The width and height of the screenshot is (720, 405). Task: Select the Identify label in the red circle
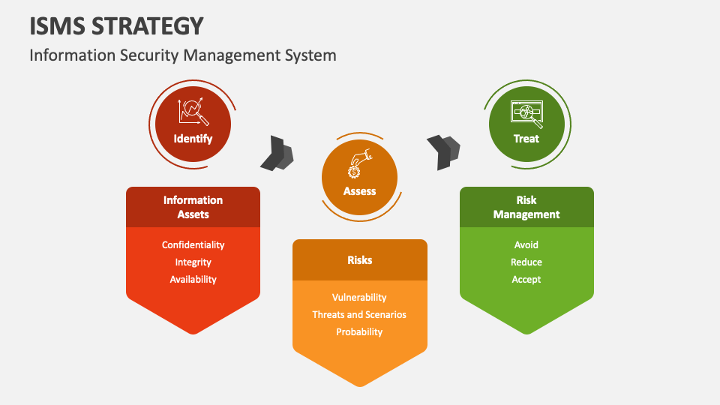tap(193, 139)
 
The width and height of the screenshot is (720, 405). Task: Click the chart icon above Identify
tap(193, 112)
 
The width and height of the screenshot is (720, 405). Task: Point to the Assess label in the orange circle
tap(359, 191)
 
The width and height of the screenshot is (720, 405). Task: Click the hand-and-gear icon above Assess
tap(359, 163)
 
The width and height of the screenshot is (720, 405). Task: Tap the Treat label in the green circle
tap(526, 139)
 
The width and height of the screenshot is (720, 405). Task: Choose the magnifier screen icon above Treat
tap(526, 112)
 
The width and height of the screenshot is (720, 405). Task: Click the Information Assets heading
tap(193, 207)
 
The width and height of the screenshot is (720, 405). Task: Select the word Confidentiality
tap(193, 245)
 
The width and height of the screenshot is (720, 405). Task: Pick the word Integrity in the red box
tap(193, 262)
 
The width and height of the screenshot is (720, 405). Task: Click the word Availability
tap(193, 280)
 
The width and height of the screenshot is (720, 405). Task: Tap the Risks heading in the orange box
tap(359, 260)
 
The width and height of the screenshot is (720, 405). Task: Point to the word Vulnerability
tap(359, 298)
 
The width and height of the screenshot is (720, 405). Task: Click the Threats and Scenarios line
tap(359, 315)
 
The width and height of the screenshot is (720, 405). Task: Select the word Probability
tap(359, 332)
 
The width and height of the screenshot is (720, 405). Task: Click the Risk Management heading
tap(526, 207)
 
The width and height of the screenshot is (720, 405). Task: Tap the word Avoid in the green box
tap(526, 245)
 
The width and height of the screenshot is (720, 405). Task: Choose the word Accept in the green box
tap(526, 280)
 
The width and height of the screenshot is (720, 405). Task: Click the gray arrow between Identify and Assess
tap(277, 153)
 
